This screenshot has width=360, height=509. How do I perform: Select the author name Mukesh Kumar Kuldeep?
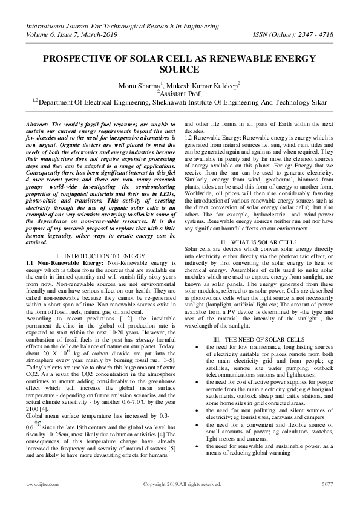click(206, 86)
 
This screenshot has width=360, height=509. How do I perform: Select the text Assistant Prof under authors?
click(180, 94)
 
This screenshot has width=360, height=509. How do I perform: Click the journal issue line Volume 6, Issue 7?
click(55, 34)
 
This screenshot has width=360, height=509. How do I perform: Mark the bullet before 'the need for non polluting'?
click(199, 410)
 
